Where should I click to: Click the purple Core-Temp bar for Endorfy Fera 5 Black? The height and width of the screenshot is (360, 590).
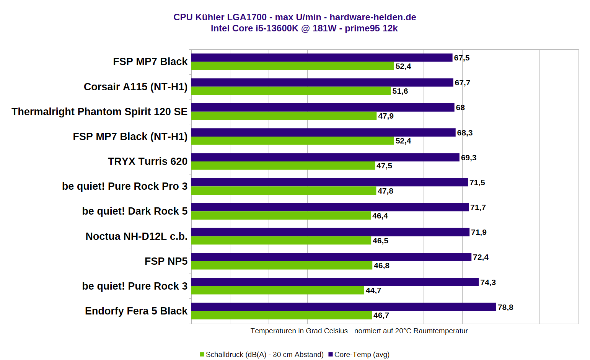(x=344, y=307)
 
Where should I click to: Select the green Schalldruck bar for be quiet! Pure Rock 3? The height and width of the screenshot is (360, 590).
(x=277, y=290)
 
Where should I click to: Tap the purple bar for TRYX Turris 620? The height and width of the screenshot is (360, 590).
(x=325, y=157)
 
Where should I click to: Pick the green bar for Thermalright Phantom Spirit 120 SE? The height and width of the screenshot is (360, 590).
(x=284, y=116)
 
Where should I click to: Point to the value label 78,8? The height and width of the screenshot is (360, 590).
(x=505, y=307)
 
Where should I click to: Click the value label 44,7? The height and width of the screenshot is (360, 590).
(x=373, y=290)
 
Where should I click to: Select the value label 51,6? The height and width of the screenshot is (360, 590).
(x=400, y=91)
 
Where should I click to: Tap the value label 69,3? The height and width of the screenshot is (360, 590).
(x=469, y=158)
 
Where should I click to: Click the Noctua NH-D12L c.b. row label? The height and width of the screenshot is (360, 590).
(x=137, y=236)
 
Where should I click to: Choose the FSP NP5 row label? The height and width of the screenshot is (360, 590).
(x=166, y=261)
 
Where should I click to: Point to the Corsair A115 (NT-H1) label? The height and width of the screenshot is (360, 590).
(x=135, y=87)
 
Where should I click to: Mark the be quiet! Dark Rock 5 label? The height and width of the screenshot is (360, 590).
(x=135, y=211)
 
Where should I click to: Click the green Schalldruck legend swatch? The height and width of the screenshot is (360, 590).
(x=202, y=354)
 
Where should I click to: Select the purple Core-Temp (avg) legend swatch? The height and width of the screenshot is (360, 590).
(x=331, y=354)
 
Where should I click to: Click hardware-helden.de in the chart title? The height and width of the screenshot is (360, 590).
(x=373, y=17)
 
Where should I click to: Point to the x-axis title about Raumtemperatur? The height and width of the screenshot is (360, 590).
(x=359, y=331)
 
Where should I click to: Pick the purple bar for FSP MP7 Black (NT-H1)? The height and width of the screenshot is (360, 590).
(x=323, y=132)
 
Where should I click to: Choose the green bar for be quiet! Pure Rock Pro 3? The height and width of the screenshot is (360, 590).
(x=284, y=191)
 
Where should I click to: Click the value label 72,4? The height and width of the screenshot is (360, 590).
(x=481, y=257)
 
